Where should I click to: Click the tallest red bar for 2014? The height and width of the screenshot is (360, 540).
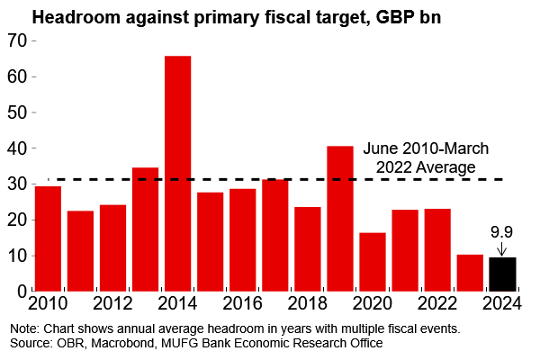coord(177,173)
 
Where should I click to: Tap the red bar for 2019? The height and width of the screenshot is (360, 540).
coord(339,218)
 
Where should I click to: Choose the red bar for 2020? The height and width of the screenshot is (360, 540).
coord(372,261)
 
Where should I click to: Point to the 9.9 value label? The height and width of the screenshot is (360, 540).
coord(502,232)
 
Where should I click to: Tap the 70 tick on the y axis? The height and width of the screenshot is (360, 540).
coord(16,40)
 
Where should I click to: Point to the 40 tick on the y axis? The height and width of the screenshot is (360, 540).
coord(16,148)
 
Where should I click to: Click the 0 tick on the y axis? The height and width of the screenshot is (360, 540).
coord(22,292)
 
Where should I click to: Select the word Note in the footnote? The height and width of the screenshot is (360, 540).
coord(21,328)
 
